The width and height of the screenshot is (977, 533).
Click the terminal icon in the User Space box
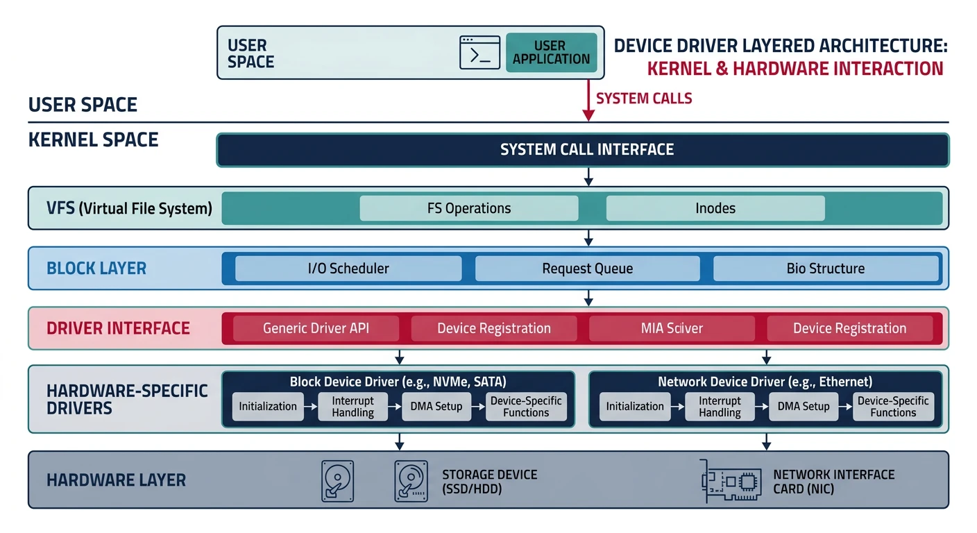[479, 52]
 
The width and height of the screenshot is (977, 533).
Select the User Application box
[551, 52]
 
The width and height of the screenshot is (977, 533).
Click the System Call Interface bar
[582, 150]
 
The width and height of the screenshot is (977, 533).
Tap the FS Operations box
[468, 208]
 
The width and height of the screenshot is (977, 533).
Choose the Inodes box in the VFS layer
[715, 208]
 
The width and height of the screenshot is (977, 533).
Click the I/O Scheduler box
[348, 269]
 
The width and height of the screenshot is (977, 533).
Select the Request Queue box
[587, 269]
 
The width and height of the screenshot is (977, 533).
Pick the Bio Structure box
[825, 269]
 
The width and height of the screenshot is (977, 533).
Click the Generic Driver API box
[316, 328]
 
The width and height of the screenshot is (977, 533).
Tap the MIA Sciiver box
[671, 328]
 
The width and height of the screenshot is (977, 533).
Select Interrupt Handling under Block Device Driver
[352, 407]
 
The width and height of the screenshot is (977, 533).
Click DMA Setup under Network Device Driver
[804, 407]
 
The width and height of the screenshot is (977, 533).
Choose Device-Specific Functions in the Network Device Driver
[892, 407]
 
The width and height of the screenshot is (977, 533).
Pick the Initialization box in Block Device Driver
[268, 407]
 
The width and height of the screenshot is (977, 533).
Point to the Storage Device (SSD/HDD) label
[489, 482]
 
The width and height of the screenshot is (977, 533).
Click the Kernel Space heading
[93, 139]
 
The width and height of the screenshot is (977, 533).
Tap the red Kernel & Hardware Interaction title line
[795, 69]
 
